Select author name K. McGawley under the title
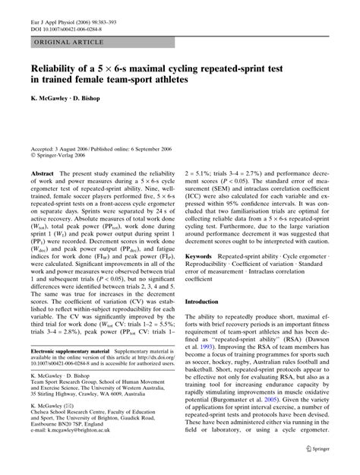coord(52,99)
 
